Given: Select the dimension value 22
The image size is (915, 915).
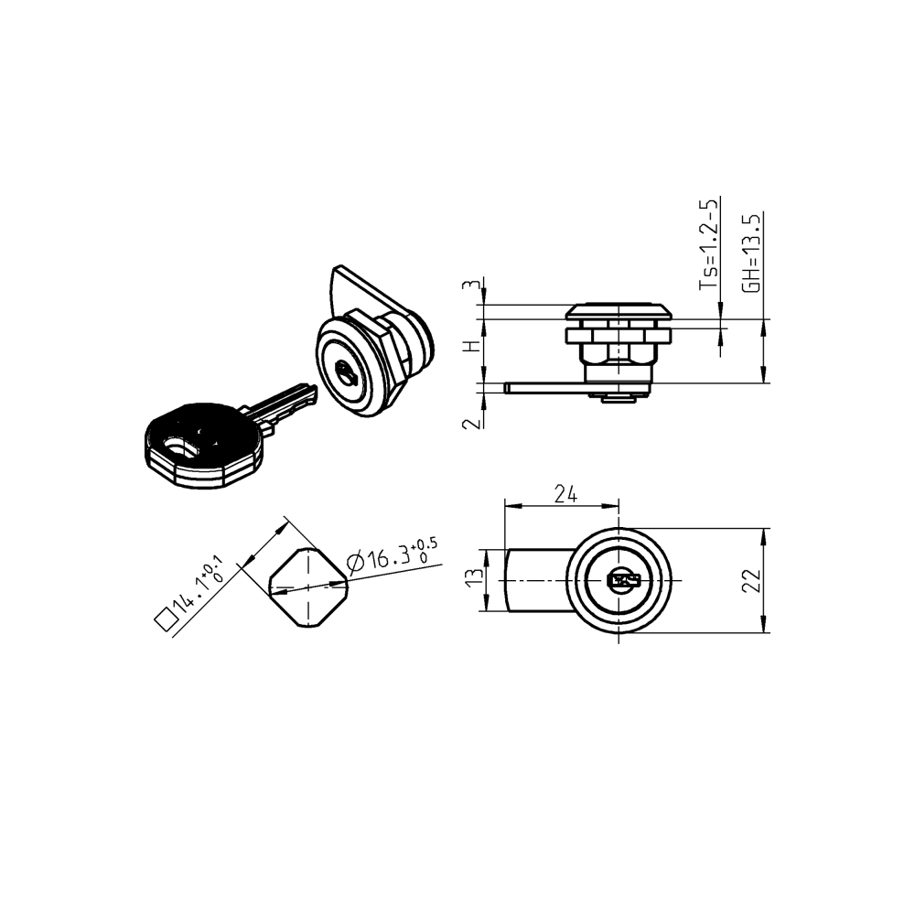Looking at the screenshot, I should (x=751, y=580).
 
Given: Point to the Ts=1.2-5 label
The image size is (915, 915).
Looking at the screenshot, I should (x=709, y=244).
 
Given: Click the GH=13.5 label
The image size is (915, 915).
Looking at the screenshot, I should (x=751, y=253).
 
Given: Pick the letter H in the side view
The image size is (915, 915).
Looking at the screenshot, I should (x=471, y=348).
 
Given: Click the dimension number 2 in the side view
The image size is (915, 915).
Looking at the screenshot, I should (x=471, y=422).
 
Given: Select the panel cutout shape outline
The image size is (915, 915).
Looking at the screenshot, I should (x=310, y=588).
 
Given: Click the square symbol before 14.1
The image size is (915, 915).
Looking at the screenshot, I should (x=166, y=620).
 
